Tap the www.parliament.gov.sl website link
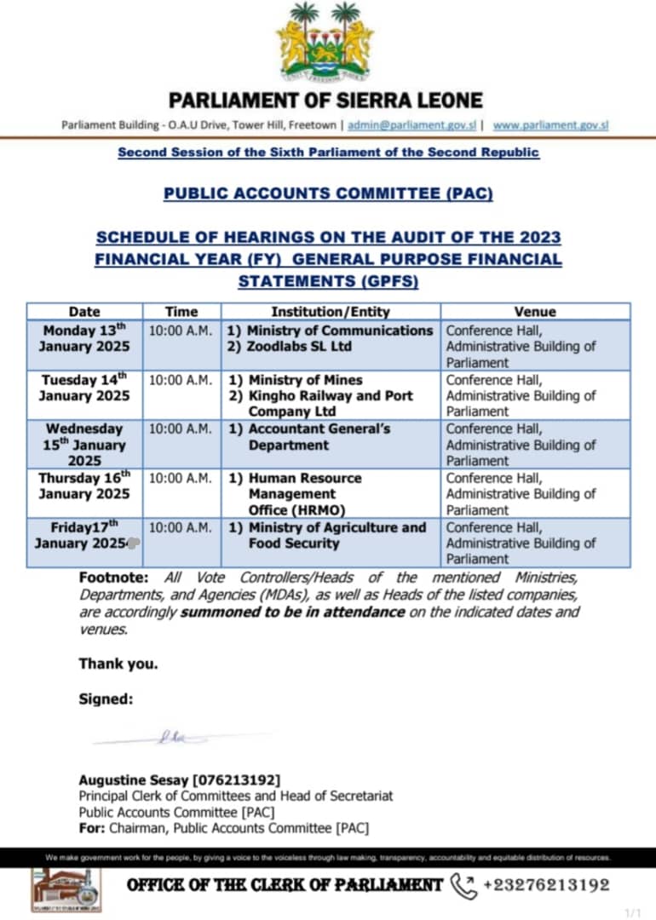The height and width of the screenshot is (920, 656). [x=550, y=125]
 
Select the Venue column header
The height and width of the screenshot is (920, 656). [x=534, y=312]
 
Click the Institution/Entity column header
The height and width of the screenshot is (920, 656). [x=331, y=312]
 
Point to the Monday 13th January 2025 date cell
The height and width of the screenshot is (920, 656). [x=83, y=338]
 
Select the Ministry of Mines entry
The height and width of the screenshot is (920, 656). [x=304, y=380]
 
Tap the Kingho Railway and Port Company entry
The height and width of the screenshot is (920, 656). [x=331, y=403]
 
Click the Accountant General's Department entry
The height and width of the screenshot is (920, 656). [x=319, y=436]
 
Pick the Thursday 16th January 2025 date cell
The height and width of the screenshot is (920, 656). [x=83, y=486]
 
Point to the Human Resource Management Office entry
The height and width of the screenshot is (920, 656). [x=305, y=494]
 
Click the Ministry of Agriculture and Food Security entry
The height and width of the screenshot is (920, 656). [x=337, y=535]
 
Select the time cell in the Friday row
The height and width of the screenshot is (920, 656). [x=180, y=527]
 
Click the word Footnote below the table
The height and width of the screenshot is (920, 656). [x=113, y=578]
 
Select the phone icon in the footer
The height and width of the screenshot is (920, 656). [x=463, y=884]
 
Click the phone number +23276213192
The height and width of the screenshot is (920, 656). [x=546, y=885]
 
